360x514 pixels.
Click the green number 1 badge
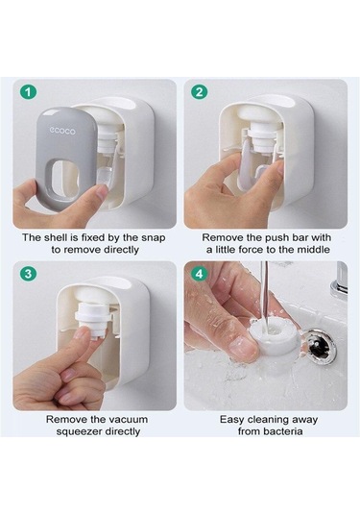(29, 92)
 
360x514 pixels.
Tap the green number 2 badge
(200, 92)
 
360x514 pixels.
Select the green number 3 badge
(29, 274)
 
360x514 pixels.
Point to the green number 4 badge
(200, 274)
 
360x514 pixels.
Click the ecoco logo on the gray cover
(62, 131)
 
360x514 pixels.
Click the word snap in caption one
(154, 238)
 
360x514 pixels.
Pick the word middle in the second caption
(313, 250)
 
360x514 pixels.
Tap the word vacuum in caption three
(128, 420)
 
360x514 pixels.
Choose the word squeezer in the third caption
(79, 432)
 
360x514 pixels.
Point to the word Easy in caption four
(232, 420)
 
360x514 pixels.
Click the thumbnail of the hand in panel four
(243, 347)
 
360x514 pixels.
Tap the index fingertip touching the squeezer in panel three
(82, 333)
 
